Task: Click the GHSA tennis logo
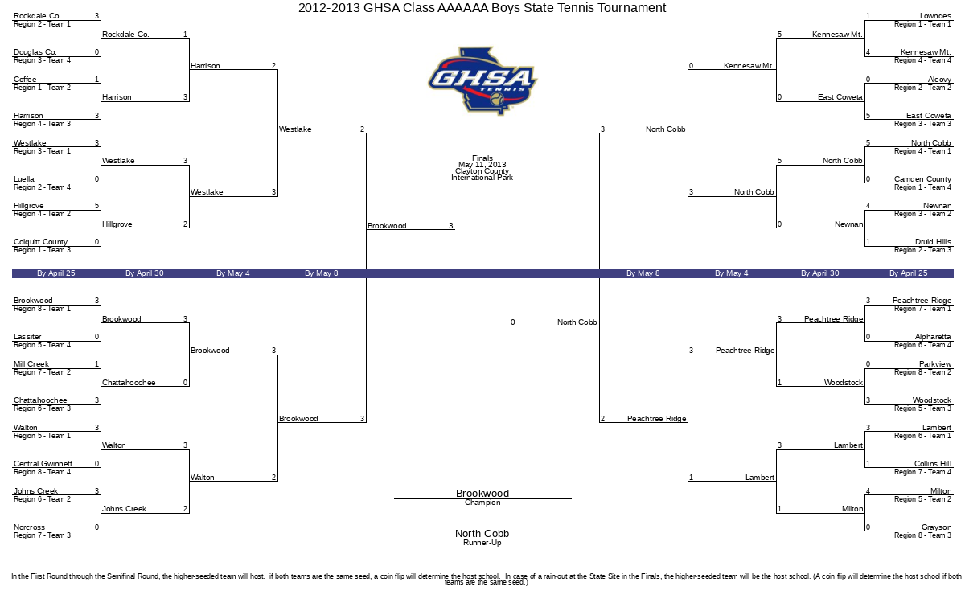[482, 81]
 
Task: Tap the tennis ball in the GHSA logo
[497, 99]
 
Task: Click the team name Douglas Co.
[35, 52]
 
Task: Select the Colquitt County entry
[40, 242]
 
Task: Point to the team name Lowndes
[935, 16]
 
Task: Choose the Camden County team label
[922, 179]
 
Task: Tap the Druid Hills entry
[933, 242]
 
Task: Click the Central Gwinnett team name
[43, 464]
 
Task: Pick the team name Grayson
[936, 527]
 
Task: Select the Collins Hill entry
[933, 464]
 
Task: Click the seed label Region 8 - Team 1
[42, 309]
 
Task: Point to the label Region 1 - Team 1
[922, 24]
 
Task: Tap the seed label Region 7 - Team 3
[42, 535]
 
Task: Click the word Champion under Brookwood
[482, 503]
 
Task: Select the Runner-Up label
[482, 543]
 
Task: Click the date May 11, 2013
[482, 165]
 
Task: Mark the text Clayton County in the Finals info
[482, 171]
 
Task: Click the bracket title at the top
[482, 8]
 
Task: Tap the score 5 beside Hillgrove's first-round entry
[97, 206]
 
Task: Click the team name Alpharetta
[933, 337]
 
